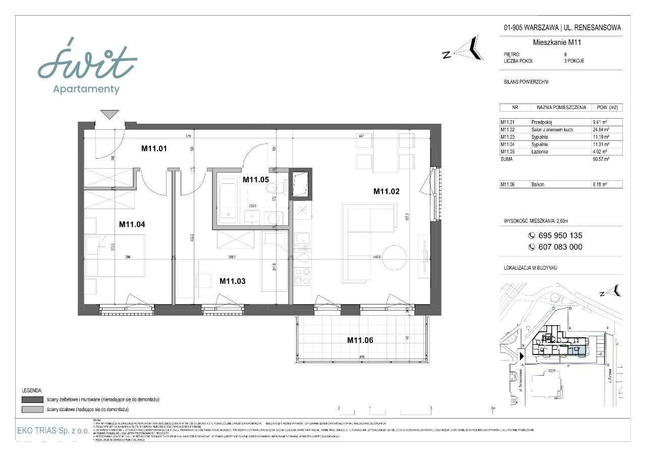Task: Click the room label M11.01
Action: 154,148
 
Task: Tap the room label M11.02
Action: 386,191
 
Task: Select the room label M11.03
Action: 233,281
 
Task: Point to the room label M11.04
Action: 132,225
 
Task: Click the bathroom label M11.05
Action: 256,179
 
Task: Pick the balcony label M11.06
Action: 360,340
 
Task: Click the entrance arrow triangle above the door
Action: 110,115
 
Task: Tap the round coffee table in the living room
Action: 394,255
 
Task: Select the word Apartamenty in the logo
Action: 86,90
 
